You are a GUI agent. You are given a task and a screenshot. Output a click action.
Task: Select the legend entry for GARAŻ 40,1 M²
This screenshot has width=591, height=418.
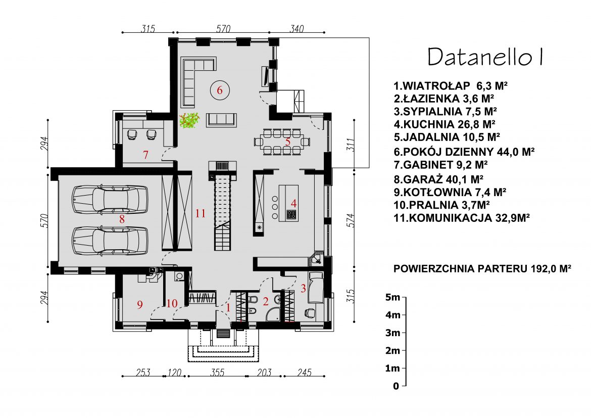click(438, 178)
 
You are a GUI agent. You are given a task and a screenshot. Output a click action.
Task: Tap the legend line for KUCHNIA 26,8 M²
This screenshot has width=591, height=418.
click(444, 123)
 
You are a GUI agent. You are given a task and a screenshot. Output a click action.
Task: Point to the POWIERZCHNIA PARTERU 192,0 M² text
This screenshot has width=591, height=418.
click(482, 269)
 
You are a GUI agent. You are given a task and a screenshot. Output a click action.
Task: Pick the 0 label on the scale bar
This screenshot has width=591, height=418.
click(396, 386)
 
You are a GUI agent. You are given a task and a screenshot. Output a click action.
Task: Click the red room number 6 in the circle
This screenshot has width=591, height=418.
click(220, 90)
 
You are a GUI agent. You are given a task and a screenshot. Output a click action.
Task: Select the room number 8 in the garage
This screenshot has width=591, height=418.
click(121, 219)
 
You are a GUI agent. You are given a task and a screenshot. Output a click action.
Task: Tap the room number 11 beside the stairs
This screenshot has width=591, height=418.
click(201, 213)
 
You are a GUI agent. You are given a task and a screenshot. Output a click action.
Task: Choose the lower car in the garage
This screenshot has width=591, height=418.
click(110, 240)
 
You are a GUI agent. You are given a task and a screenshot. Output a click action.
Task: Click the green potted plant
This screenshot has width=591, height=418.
click(189, 121)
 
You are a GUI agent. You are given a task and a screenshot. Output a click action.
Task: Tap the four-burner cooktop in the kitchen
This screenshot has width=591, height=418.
click(291, 215)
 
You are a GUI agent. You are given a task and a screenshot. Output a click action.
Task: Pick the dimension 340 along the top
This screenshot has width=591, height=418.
click(297, 29)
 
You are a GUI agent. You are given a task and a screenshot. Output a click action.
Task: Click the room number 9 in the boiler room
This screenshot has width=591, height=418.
click(140, 304)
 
